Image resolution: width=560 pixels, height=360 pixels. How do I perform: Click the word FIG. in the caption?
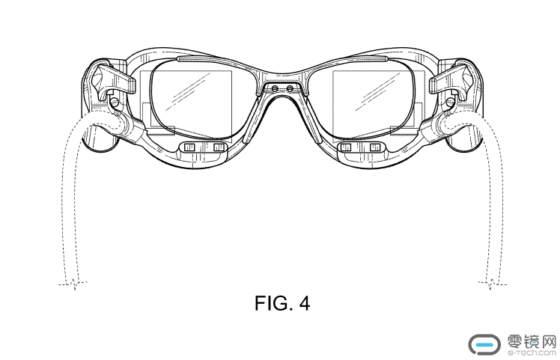(x=272, y=304)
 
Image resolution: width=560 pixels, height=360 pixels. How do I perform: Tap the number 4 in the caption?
(x=304, y=304)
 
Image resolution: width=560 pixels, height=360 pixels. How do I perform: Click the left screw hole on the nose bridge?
(x=275, y=88)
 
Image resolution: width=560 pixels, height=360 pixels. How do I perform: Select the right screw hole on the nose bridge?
(x=290, y=88)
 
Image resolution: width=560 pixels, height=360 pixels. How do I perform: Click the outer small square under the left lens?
(x=189, y=147)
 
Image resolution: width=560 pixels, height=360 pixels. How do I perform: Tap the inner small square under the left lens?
(x=219, y=147)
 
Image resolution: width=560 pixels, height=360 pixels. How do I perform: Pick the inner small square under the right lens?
(x=346, y=147)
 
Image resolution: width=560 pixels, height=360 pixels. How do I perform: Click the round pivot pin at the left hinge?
(x=115, y=102)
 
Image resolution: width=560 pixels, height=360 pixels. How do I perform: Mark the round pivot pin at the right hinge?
(x=450, y=102)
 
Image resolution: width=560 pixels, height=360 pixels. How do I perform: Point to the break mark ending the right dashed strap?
(x=492, y=284)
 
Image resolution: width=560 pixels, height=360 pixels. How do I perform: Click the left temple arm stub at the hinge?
(x=115, y=77)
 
